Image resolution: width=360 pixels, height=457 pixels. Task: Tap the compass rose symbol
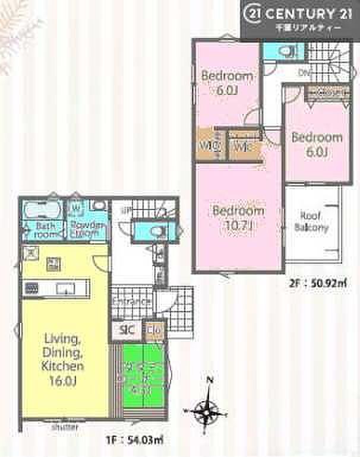tap(207, 408)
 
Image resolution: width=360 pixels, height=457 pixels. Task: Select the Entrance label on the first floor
tap(131, 302)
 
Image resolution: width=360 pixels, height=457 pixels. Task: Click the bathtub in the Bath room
tap(40, 211)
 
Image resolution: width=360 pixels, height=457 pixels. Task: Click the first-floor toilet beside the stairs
tap(153, 231)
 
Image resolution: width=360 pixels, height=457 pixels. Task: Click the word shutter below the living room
tap(61, 426)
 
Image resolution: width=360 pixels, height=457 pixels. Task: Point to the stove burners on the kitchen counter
tap(31, 288)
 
